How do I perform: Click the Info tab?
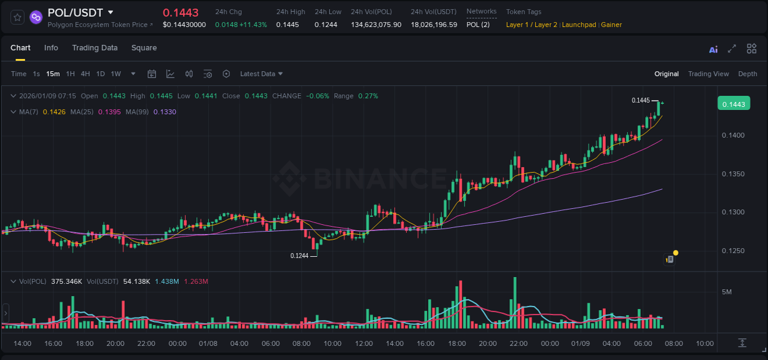pyautogui.click(x=51, y=48)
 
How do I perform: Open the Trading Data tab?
pyautogui.click(x=95, y=48)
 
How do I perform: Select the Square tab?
pyautogui.click(x=144, y=48)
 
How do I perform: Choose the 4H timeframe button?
pyautogui.click(x=85, y=74)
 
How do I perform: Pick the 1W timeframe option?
pyautogui.click(x=116, y=74)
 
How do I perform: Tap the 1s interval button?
pyautogui.click(x=36, y=74)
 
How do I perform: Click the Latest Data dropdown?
pyautogui.click(x=261, y=74)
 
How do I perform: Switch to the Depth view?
pyautogui.click(x=747, y=74)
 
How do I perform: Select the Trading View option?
pyautogui.click(x=708, y=74)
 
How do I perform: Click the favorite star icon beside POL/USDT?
pyautogui.click(x=18, y=17)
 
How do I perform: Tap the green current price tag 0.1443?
pyautogui.click(x=733, y=104)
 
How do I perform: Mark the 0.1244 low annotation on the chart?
pyautogui.click(x=299, y=256)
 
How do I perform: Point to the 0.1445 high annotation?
pyautogui.click(x=640, y=100)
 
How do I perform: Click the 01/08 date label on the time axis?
pyautogui.click(x=208, y=343)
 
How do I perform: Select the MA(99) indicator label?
pyautogui.click(x=138, y=112)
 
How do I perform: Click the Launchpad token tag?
pyautogui.click(x=579, y=25)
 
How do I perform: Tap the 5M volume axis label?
pyautogui.click(x=726, y=291)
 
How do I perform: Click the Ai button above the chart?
pyautogui.click(x=713, y=49)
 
